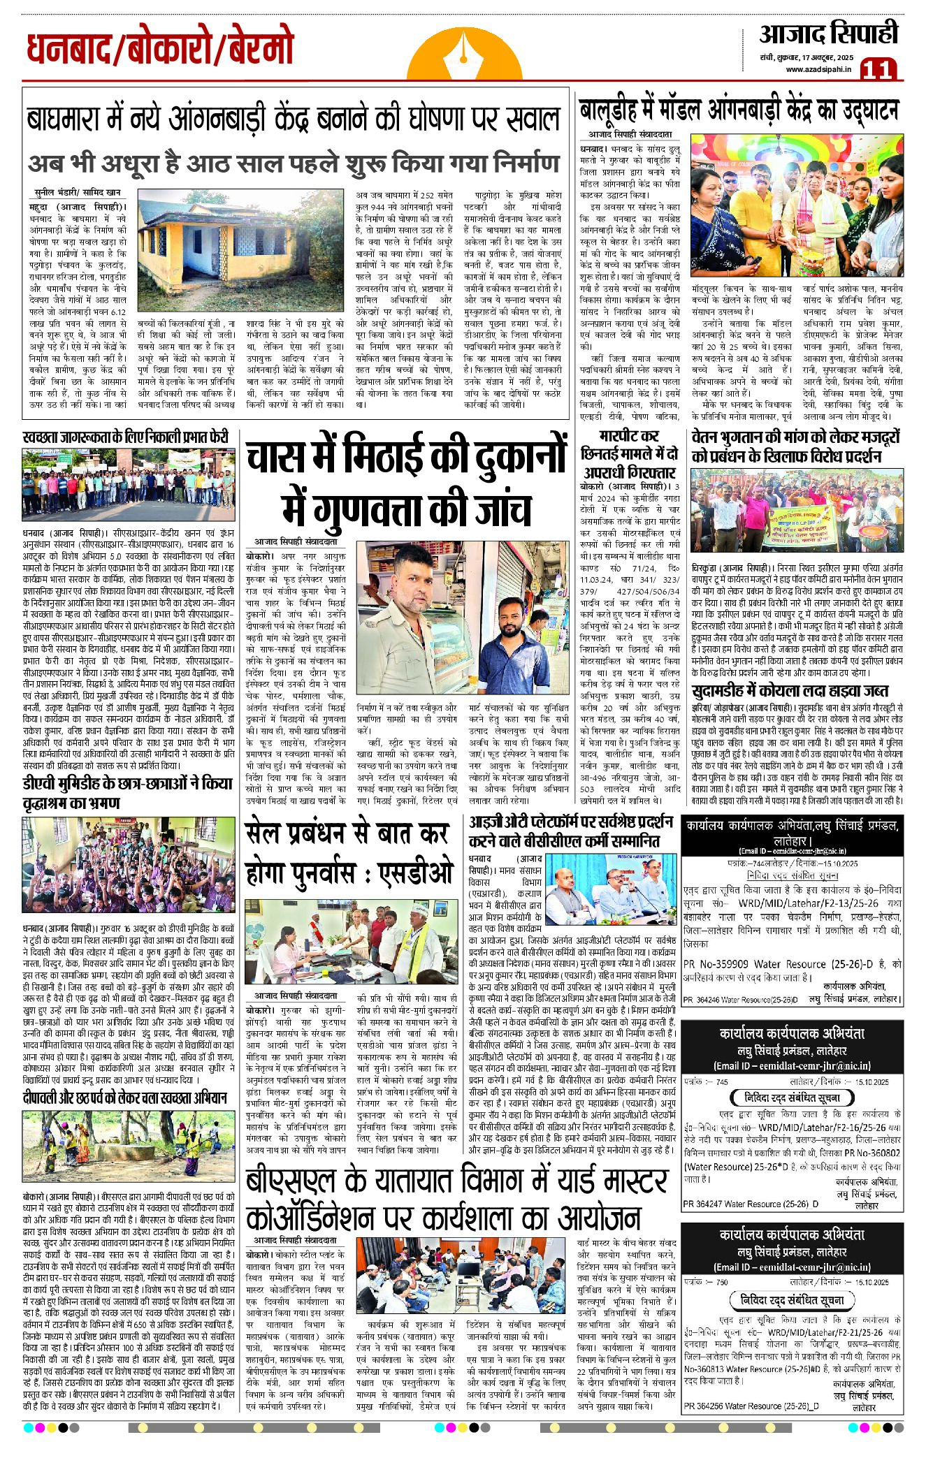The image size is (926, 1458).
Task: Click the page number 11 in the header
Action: (880, 68)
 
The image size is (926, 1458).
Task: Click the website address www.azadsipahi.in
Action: (818, 68)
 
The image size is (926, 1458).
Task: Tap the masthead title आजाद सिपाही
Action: (828, 34)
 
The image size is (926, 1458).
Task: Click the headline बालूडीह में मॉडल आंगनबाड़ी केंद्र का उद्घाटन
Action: (739, 110)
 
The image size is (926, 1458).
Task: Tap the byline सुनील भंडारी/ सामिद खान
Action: (78, 192)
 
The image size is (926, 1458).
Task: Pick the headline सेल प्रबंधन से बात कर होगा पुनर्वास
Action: (350, 854)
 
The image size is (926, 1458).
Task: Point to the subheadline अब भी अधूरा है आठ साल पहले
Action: (294, 163)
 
